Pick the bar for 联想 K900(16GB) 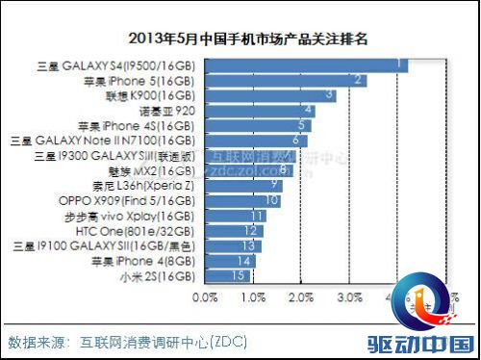pos(270,95)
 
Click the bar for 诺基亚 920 pos(260,111)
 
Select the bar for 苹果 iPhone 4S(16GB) pos(258,125)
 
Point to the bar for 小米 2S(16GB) pos(227,275)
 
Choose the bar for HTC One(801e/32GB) pos(234,231)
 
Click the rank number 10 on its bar pos(272,200)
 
